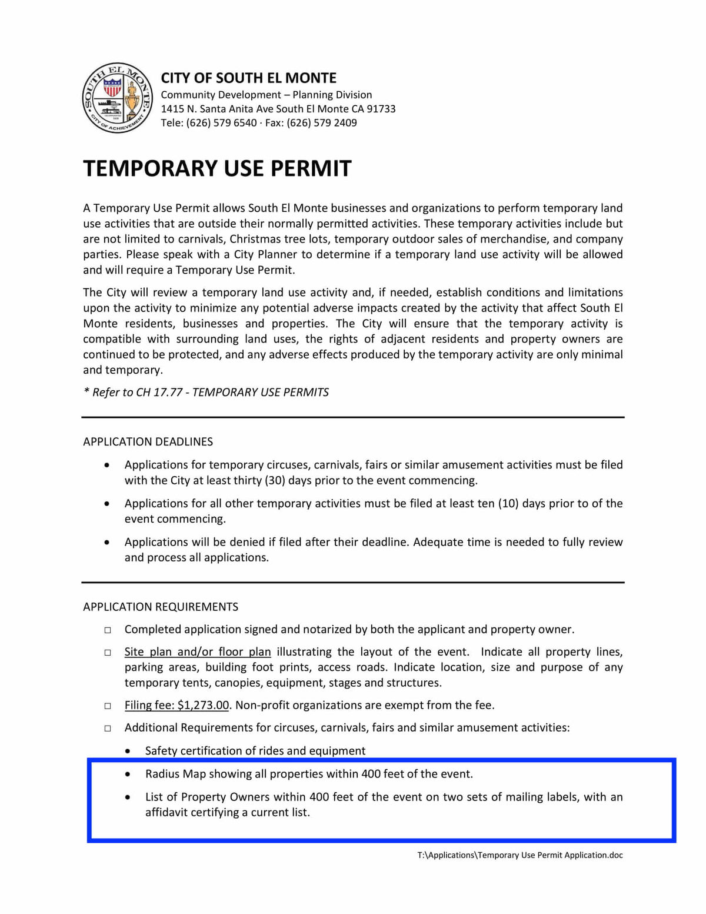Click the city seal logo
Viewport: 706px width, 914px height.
coord(117,98)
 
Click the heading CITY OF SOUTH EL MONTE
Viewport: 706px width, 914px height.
coord(248,78)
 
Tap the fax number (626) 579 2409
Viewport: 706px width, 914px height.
coord(322,123)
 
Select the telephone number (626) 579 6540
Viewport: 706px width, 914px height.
coord(221,123)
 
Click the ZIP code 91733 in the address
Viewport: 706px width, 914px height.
coord(381,109)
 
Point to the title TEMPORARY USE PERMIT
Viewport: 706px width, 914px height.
coord(217,168)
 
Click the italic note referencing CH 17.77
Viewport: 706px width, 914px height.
coord(206,393)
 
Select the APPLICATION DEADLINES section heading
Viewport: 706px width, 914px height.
coord(148,441)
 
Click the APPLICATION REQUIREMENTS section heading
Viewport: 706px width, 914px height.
coord(161,607)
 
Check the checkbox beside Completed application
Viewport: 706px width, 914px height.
coord(108,630)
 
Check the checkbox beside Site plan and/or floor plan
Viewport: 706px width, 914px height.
coord(108,653)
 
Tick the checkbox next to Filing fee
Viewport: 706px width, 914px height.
coord(108,706)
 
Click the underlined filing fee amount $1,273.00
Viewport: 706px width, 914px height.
coord(203,705)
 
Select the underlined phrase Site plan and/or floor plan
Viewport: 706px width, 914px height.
coord(198,652)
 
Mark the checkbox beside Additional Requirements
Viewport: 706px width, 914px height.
coord(108,729)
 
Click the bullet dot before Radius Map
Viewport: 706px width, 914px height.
coord(128,775)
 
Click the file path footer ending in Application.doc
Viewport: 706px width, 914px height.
coord(519,855)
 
